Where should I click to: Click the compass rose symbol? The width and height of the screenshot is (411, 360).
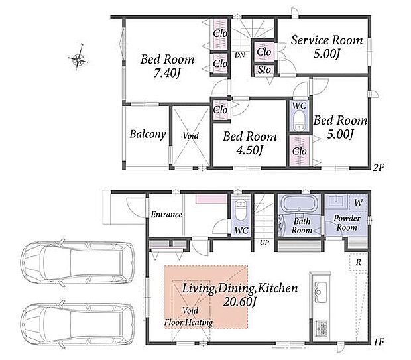pos(78,58)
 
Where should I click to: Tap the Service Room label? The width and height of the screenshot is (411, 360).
pos(327,40)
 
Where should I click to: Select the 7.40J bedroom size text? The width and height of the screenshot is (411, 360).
pos(167,73)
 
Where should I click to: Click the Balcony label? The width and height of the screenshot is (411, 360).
pos(148,134)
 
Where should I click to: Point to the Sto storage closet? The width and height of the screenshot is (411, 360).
pos(264,70)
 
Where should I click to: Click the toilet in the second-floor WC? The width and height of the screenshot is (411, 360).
pos(299,121)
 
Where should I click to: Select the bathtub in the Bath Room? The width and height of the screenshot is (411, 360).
pos(300,203)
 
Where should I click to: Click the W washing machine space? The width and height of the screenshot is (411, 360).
pos(359,203)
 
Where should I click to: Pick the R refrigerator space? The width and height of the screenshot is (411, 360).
pos(359,262)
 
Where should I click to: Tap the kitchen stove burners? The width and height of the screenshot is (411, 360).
pos(322,329)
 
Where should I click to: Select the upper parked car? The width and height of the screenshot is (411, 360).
pos(78,263)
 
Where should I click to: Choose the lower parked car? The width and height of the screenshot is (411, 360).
pos(78,325)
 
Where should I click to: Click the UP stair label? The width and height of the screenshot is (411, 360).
pos(264,243)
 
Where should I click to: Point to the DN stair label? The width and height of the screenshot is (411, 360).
pos(239,55)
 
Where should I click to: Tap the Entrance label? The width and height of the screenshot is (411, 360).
pos(166,215)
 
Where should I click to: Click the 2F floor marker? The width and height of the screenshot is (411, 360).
pos(379,167)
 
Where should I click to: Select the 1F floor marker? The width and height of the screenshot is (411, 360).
pos(379,341)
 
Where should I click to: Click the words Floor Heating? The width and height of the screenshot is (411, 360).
pos(188,322)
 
